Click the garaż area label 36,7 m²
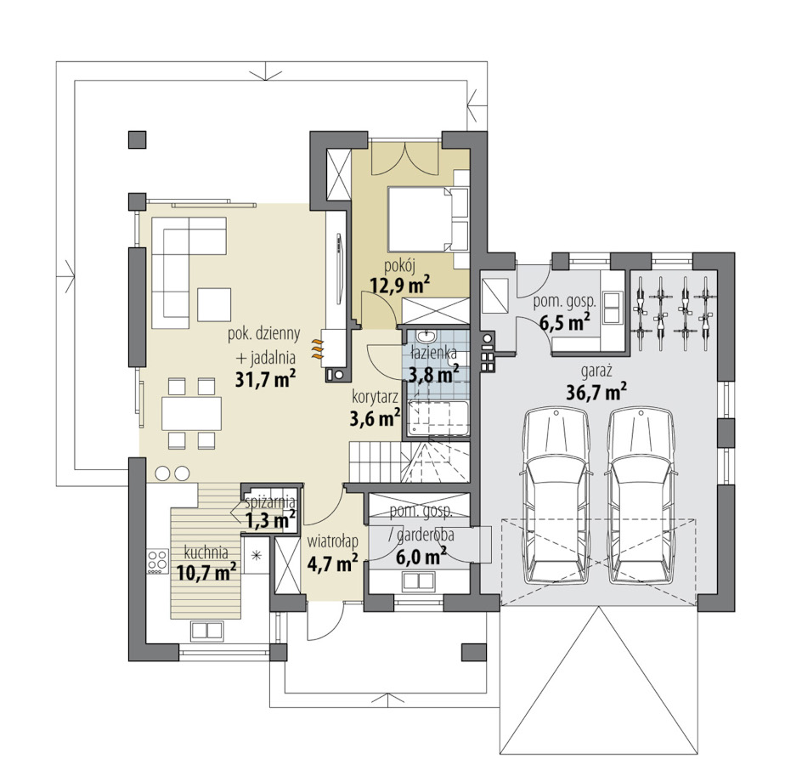597,392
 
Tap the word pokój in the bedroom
400,266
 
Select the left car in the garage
556,496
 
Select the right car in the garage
641,496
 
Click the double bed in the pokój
428,219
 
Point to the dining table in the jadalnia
191,414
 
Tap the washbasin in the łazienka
425,337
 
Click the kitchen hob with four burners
157,560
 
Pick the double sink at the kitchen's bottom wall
206,630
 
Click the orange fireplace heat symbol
317,348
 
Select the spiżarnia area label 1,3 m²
270,520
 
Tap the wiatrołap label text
332,541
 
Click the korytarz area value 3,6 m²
375,418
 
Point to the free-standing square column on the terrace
137,139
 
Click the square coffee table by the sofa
214,305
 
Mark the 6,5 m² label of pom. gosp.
565,323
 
